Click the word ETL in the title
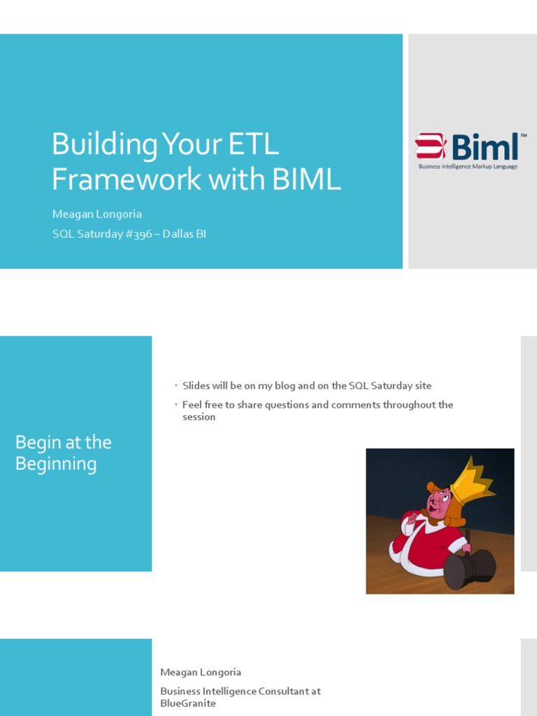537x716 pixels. (x=252, y=145)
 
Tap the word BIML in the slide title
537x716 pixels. (x=307, y=179)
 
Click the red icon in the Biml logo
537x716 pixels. (x=430, y=147)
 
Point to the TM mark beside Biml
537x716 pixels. (x=523, y=136)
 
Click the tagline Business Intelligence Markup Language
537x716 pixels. (x=468, y=167)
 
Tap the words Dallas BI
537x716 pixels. (x=185, y=234)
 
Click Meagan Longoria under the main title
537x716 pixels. (x=97, y=214)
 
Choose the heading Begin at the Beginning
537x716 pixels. (x=64, y=453)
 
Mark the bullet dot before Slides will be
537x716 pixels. (x=176, y=386)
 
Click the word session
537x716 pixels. (x=199, y=417)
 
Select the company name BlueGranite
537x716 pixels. (x=188, y=703)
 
